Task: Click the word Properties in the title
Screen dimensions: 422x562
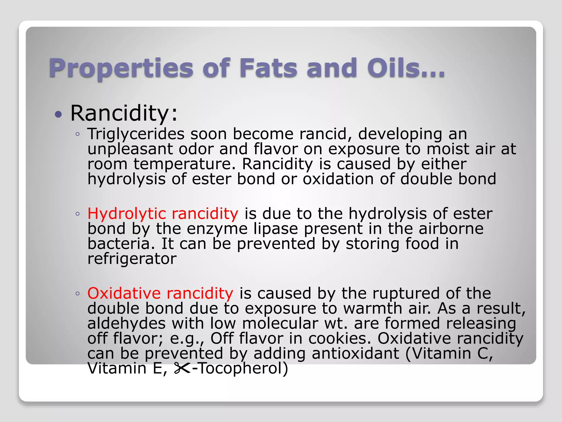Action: tap(121, 68)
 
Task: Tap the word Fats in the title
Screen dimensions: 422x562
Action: tap(268, 68)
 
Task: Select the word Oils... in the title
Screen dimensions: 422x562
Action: tap(406, 68)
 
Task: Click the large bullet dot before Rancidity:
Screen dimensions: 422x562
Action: tap(58, 114)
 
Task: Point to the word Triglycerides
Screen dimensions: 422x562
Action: tap(136, 134)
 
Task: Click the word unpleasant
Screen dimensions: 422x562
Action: tap(130, 149)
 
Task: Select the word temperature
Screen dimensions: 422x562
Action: tap(184, 164)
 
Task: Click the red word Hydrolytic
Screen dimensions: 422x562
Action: tap(127, 214)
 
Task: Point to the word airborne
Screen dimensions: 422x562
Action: tap(451, 229)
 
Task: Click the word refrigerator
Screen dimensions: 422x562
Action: tap(132, 259)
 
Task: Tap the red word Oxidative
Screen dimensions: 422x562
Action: tap(124, 293)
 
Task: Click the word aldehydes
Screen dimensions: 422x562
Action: tap(127, 323)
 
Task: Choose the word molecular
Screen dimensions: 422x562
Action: tap(280, 323)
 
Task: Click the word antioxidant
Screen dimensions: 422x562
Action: tap(355, 354)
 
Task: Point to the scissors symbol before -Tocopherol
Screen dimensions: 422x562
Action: tap(182, 369)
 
